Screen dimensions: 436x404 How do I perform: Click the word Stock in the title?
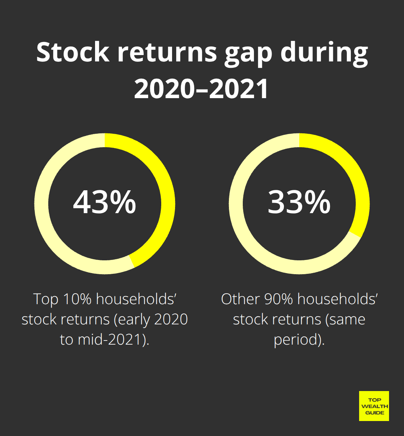point(73,52)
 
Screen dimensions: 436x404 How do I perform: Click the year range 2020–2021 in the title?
point(202,89)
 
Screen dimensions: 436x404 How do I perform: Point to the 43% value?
point(104,202)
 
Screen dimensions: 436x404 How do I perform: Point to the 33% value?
point(299,202)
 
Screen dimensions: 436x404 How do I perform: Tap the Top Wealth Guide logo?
point(374,406)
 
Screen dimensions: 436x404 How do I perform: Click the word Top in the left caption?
point(46,299)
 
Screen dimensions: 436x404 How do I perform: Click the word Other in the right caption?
point(240,299)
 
